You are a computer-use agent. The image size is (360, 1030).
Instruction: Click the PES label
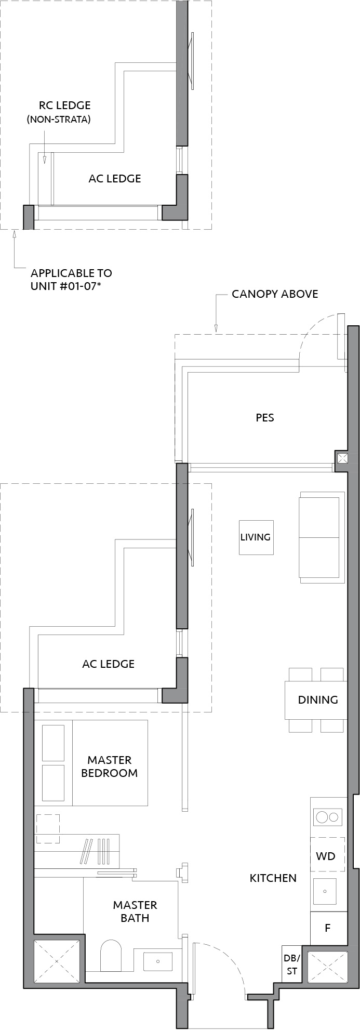(x=265, y=417)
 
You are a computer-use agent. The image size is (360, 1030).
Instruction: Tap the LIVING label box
(x=256, y=537)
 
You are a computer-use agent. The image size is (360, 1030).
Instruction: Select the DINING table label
(x=317, y=699)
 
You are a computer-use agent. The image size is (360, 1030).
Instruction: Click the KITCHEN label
(x=273, y=878)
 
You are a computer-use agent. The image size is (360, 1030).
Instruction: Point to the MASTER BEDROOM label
(x=110, y=767)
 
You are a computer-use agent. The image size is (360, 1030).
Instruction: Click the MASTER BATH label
(x=135, y=912)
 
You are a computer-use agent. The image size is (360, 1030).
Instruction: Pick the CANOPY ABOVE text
(x=275, y=294)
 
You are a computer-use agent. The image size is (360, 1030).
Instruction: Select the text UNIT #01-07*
(x=71, y=285)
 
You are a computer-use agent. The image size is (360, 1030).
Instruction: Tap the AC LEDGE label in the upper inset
(x=115, y=179)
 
